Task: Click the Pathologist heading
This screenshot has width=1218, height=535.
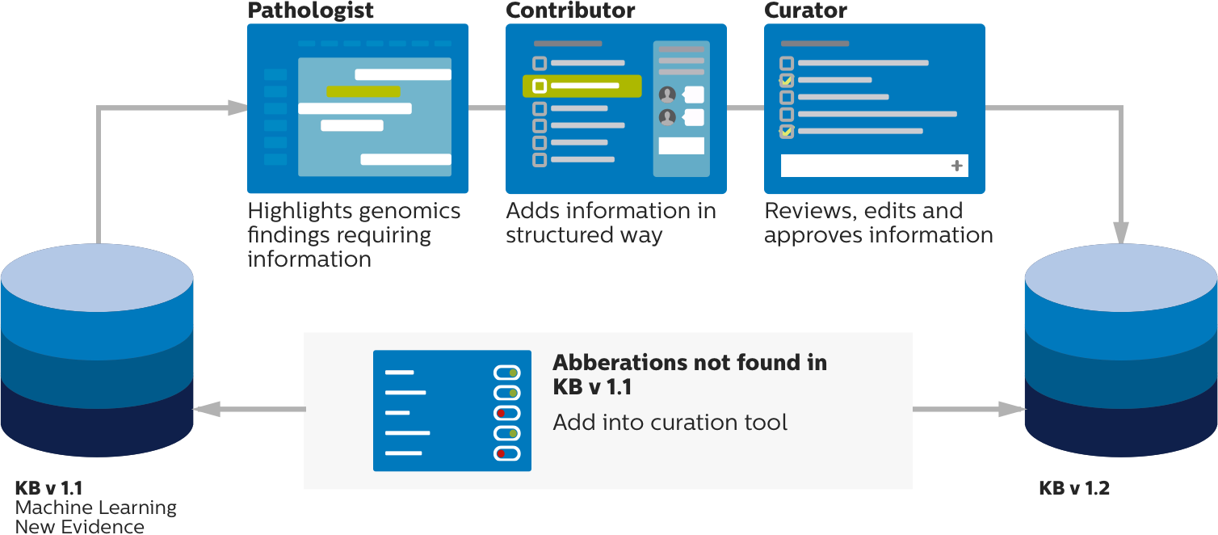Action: pyautogui.click(x=311, y=11)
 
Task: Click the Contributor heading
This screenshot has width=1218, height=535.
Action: pyautogui.click(x=570, y=11)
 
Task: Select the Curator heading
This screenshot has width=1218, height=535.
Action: pyautogui.click(x=805, y=11)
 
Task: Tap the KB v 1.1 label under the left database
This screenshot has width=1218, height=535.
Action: pyautogui.click(x=48, y=488)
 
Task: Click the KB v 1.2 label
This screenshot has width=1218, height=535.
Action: pyautogui.click(x=1074, y=488)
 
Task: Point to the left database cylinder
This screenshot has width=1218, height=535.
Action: pyautogui.click(x=97, y=356)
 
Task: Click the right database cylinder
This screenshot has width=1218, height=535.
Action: pyautogui.click(x=1120, y=356)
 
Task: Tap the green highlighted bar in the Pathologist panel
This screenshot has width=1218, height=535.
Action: pyautogui.click(x=363, y=91)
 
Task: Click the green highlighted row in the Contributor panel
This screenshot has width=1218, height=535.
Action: pyautogui.click(x=582, y=86)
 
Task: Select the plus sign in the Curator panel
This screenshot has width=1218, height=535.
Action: pyautogui.click(x=957, y=166)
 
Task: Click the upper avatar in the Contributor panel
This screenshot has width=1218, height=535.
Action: pyautogui.click(x=667, y=94)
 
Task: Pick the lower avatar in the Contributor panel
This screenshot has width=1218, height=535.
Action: pyautogui.click(x=667, y=117)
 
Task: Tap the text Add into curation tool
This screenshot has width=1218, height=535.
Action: pyautogui.click(x=670, y=422)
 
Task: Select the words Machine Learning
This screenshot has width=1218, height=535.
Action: pyautogui.click(x=95, y=508)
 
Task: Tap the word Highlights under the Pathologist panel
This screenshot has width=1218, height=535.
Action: pyautogui.click(x=299, y=212)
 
